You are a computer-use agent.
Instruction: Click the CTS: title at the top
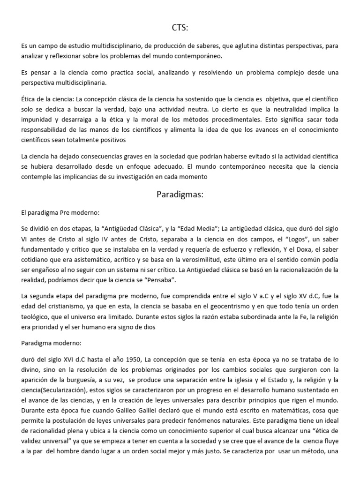click(180, 29)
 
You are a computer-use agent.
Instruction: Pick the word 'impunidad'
click(37, 119)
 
